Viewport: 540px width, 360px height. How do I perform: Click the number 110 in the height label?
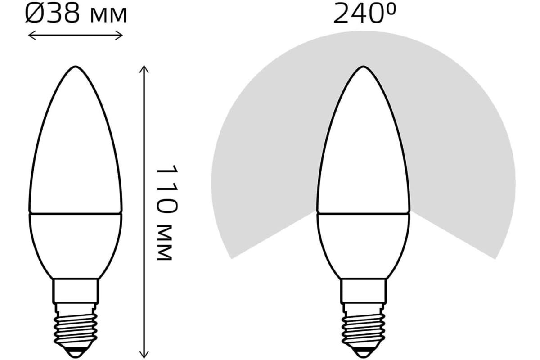pyautogui.click(x=166, y=189)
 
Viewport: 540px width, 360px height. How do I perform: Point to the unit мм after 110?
pyautogui.click(x=165, y=243)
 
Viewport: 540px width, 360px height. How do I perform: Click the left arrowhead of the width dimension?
pyautogui.click(x=32, y=36)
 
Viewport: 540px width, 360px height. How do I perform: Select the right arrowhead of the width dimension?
pyautogui.click(x=119, y=36)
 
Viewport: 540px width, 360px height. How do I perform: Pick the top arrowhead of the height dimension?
pyautogui.click(x=144, y=69)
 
